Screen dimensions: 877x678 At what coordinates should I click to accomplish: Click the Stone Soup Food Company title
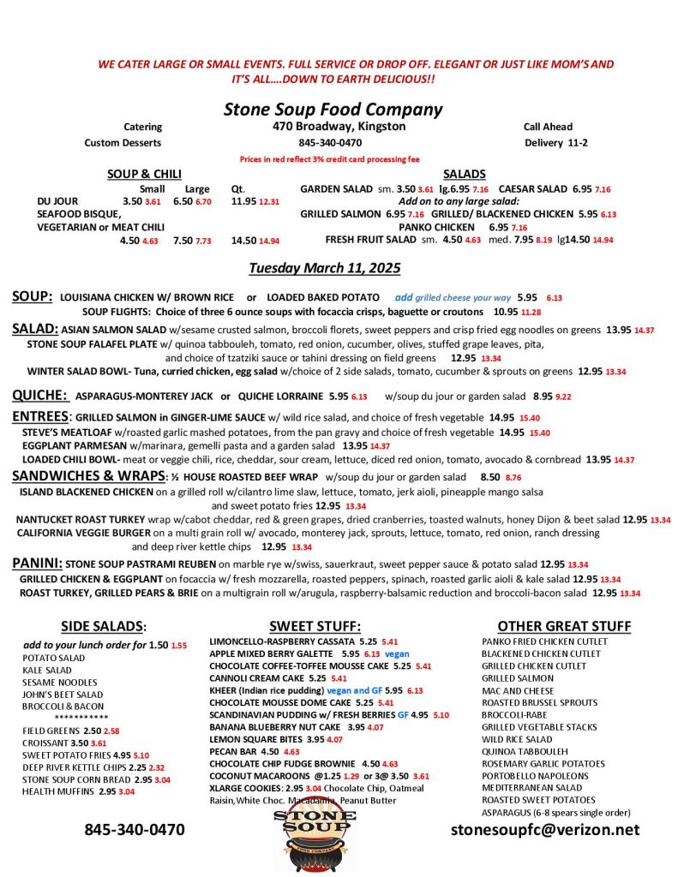[x=333, y=109]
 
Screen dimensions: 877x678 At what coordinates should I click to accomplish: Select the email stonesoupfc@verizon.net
[x=544, y=829]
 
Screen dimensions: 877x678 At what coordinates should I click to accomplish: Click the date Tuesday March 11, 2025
[x=325, y=268]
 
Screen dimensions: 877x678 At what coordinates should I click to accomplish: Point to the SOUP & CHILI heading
[x=144, y=174]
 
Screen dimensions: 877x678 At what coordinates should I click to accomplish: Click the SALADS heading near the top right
[x=465, y=174]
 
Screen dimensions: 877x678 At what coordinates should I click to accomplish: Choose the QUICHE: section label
[x=39, y=395]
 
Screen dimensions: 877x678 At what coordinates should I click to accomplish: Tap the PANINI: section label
[x=37, y=563]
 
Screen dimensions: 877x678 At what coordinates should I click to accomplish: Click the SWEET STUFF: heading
[x=315, y=626]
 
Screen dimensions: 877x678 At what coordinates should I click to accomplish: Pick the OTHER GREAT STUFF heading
[x=564, y=626]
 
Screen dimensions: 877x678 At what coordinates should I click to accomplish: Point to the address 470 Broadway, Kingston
[x=333, y=127]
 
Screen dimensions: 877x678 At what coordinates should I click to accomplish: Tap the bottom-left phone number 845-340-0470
[x=134, y=829]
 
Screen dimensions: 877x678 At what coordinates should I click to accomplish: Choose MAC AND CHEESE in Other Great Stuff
[x=517, y=689]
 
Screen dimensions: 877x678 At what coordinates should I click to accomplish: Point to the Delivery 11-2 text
[x=555, y=142]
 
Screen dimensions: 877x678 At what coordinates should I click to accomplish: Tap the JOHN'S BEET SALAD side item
[x=63, y=694]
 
